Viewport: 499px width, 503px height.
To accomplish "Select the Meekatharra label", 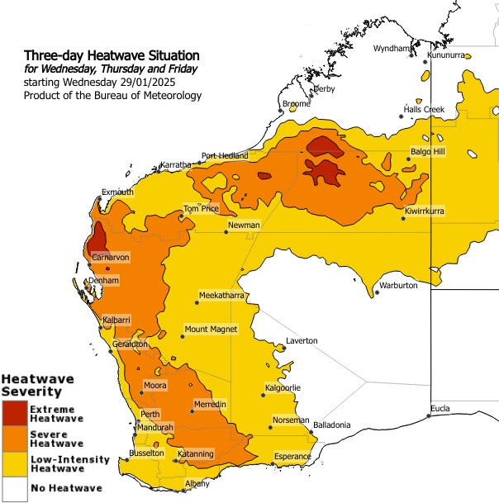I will (x=221, y=295).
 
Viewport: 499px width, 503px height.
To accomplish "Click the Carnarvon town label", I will (x=111, y=258).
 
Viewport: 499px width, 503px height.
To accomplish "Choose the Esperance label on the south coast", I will (x=292, y=456).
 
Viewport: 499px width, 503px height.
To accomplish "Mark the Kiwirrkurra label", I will (x=425, y=211).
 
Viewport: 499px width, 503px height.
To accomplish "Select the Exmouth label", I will (x=117, y=192).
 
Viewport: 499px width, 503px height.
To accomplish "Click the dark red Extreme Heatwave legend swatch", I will (x=14, y=414).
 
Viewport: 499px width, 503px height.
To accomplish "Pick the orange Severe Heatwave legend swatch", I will (x=14, y=439).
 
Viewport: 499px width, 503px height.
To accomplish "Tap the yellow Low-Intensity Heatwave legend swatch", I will (x=14, y=463).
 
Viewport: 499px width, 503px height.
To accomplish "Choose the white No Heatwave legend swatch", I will (x=14, y=487).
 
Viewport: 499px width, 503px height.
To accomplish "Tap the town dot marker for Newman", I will (x=226, y=232).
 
